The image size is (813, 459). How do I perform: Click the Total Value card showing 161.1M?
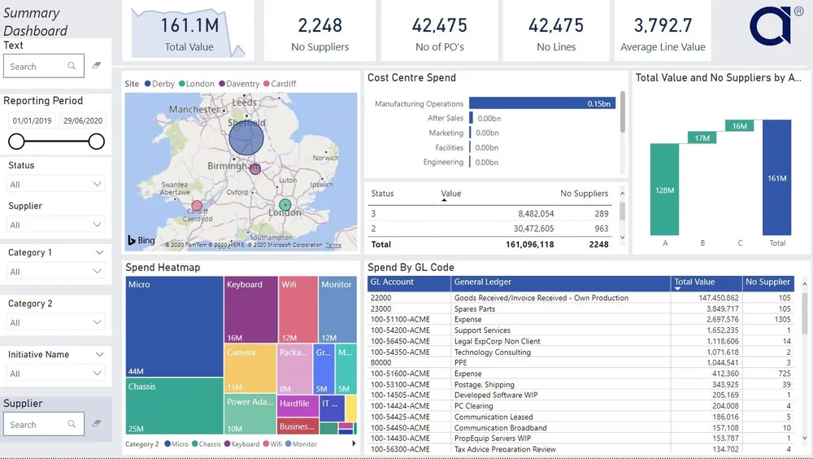pyautogui.click(x=189, y=31)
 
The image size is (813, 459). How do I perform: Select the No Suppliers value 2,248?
pyautogui.click(x=320, y=26)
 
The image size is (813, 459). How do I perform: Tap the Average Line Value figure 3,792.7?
pyautogui.click(x=663, y=26)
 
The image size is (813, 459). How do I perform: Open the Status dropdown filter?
pyautogui.click(x=55, y=185)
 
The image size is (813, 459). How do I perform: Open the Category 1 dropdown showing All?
pyautogui.click(x=55, y=272)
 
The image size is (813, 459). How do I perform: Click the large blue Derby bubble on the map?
pyautogui.click(x=246, y=138)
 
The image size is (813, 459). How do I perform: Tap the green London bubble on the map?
pyautogui.click(x=285, y=205)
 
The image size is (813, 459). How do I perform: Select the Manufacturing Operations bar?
pyautogui.click(x=541, y=104)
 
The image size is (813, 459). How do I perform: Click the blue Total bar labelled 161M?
pyautogui.click(x=776, y=177)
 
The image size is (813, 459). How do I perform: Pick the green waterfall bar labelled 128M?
pyautogui.click(x=664, y=189)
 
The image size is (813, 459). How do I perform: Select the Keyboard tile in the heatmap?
pyautogui.click(x=250, y=310)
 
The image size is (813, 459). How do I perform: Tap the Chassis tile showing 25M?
pyautogui.click(x=174, y=407)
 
